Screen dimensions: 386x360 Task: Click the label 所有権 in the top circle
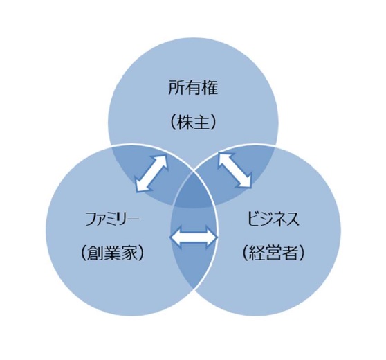(193, 88)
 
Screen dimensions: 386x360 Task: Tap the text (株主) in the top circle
(193, 123)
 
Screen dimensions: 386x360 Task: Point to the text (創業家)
(112, 253)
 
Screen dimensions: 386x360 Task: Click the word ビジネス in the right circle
(273, 219)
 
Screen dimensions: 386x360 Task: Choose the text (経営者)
(273, 253)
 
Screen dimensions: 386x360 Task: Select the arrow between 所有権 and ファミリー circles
(152, 173)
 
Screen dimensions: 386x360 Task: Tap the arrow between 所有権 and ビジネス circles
(235, 170)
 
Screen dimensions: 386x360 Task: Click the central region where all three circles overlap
(194, 191)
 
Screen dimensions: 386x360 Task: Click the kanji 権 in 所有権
(210, 88)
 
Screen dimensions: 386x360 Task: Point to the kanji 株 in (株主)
(185, 123)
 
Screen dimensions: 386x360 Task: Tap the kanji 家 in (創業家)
(128, 253)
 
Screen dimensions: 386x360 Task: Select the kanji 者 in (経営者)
(289, 253)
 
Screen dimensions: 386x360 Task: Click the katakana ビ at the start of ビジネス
(254, 219)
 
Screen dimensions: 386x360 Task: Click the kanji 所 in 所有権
(176, 88)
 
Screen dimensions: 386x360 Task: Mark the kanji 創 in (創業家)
(95, 253)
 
